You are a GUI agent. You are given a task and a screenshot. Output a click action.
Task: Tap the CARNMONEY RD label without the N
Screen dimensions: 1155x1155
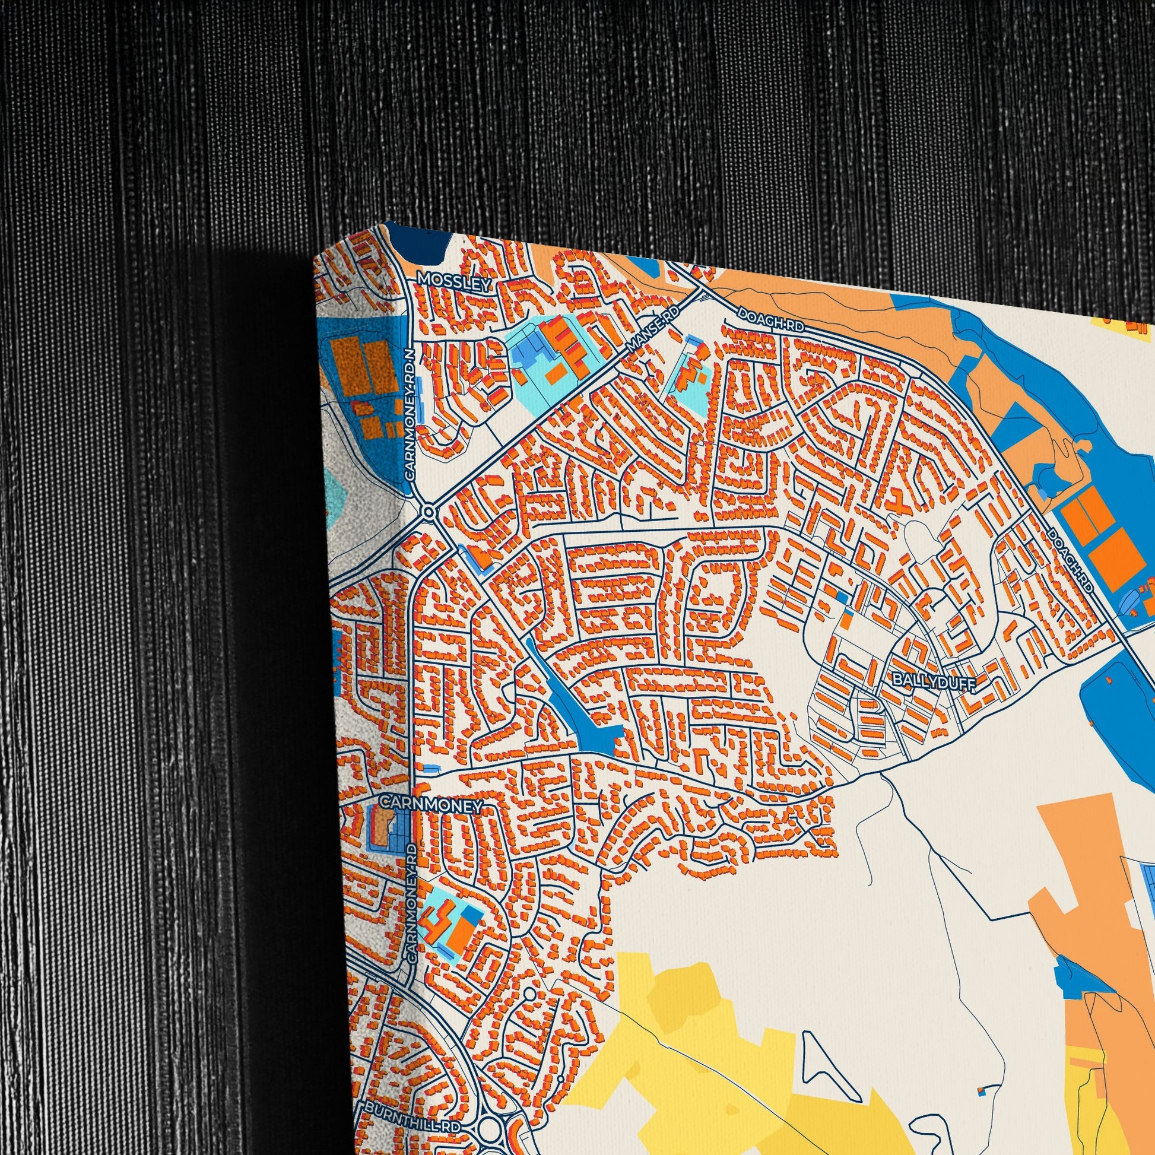click(411, 903)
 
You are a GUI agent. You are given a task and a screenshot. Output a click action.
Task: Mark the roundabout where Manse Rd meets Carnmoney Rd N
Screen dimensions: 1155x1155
click(428, 512)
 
